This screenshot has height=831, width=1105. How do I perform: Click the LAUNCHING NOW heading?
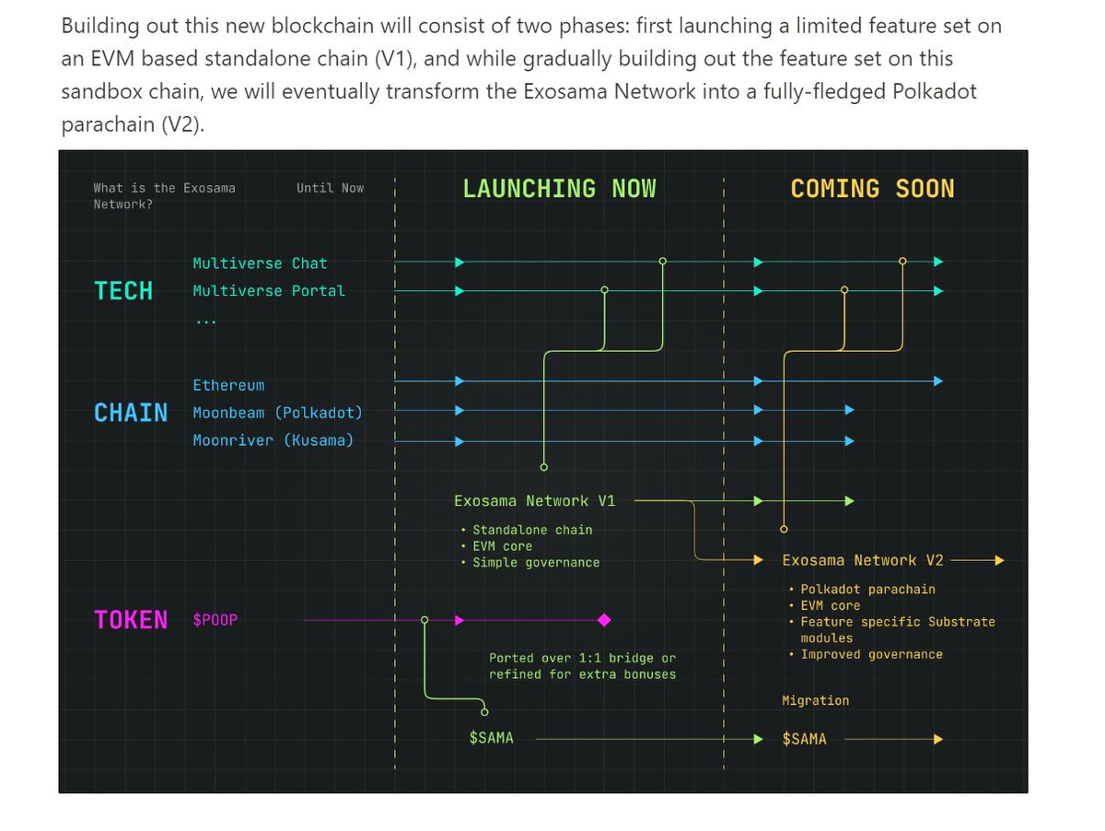559,189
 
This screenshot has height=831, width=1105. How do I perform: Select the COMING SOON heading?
872,189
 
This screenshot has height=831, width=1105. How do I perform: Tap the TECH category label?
123,291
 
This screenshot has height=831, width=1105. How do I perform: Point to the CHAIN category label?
131,413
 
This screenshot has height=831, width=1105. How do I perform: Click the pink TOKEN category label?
131,620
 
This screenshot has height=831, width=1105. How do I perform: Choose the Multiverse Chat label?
260,263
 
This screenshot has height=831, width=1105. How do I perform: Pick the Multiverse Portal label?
269,291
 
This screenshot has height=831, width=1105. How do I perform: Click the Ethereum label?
228,385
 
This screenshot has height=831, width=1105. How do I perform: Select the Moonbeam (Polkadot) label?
277,413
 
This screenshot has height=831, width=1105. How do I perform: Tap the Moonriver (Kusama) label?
273,440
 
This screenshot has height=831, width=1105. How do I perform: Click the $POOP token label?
215,620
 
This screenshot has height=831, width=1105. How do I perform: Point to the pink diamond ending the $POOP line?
604,620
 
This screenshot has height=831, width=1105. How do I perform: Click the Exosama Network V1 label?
534,501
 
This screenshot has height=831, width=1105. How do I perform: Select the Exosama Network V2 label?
862,560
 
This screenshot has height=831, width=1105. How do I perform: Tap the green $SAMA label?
491,739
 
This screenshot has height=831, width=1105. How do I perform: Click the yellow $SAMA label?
804,739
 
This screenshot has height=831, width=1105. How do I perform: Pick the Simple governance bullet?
536,563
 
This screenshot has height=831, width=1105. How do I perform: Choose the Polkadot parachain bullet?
867,590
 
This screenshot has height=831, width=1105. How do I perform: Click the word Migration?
815,701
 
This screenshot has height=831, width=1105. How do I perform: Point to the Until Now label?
330,188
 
